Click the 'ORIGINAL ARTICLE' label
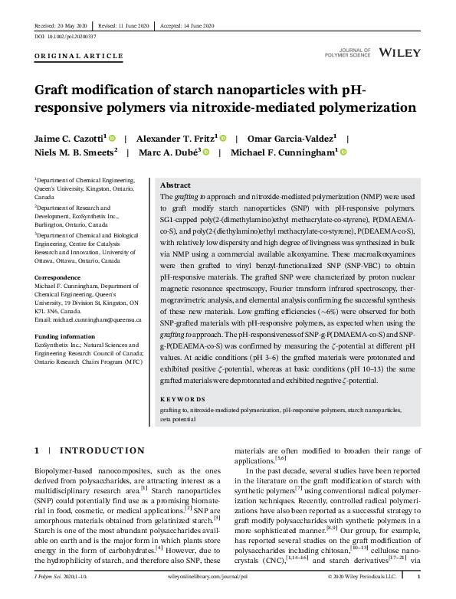pyautogui.click(x=79, y=56)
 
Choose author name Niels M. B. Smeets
pyautogui.click(x=75, y=152)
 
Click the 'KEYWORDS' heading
pyautogui.click(x=183, y=400)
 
